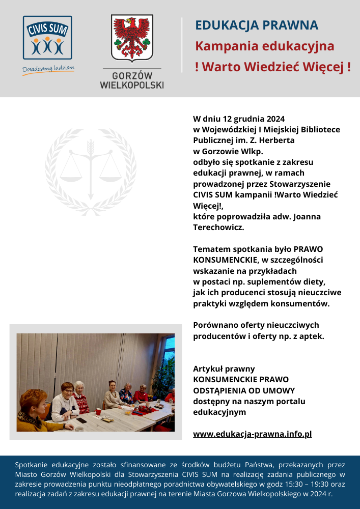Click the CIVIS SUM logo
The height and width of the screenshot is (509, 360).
(x=47, y=38)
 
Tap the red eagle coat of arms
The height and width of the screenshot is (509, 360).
(x=132, y=39)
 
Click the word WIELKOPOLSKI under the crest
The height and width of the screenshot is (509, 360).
(x=132, y=85)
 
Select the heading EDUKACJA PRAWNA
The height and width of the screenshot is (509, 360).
(x=257, y=25)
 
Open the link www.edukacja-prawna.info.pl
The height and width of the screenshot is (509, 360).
(x=252, y=434)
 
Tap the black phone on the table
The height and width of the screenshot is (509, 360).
(x=81, y=420)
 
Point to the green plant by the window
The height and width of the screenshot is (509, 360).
(x=164, y=374)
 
